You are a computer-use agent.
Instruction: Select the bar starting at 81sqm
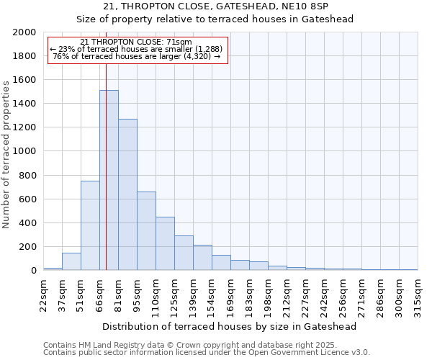coord(127,194)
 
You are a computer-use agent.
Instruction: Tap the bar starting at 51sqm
coord(90,225)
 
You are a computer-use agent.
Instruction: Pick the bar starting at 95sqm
coord(146,230)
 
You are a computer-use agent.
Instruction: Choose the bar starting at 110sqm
coord(165,243)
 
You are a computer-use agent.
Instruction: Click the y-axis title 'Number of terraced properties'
coord(6,154)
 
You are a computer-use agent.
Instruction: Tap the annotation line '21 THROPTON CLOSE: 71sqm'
coord(136,42)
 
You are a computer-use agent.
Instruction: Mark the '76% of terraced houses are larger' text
coord(136,56)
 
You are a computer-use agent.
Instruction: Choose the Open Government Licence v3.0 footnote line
coord(207,353)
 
